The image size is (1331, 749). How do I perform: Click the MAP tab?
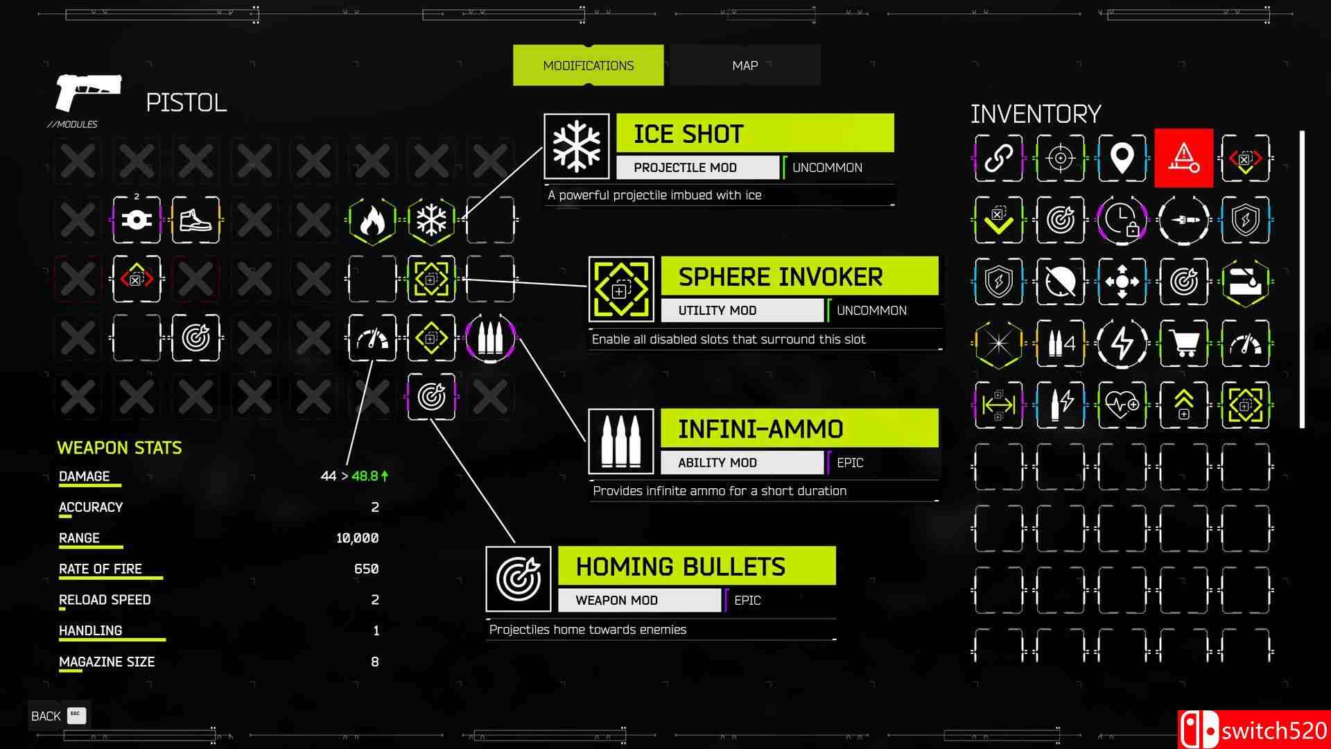tap(745, 65)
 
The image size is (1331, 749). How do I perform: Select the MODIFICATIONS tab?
tap(588, 65)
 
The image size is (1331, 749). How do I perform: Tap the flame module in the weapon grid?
tap(372, 221)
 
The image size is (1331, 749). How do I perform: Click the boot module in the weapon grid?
tap(195, 221)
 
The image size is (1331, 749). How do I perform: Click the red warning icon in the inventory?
tap(1183, 158)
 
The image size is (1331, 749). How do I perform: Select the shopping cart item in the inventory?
tap(1183, 343)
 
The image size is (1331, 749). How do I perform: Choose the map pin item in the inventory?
tap(1122, 158)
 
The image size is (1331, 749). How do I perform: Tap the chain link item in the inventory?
tap(998, 158)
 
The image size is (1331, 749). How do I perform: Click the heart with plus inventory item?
tap(1122, 405)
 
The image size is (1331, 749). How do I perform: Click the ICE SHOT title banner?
tap(754, 133)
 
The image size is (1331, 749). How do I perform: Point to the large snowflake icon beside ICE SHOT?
tap(576, 146)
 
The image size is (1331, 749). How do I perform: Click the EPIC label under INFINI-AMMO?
tap(850, 463)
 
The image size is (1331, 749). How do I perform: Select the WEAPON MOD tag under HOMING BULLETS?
tap(638, 600)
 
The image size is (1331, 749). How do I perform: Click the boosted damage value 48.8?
tap(365, 476)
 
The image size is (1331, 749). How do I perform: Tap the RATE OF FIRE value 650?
tap(366, 569)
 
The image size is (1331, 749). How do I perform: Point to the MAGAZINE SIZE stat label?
tap(107, 662)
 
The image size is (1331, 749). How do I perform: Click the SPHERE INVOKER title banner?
tap(799, 276)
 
